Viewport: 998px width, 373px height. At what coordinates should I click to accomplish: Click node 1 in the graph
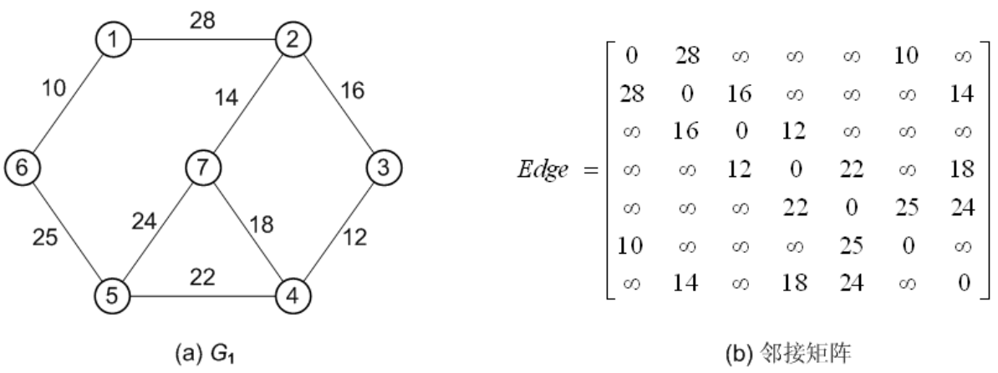coord(110,39)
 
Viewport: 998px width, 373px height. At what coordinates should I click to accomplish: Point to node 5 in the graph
coord(110,295)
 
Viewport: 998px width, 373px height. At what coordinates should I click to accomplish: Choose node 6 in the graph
coord(21,167)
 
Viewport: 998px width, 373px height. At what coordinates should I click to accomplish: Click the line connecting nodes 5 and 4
coord(200,295)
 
